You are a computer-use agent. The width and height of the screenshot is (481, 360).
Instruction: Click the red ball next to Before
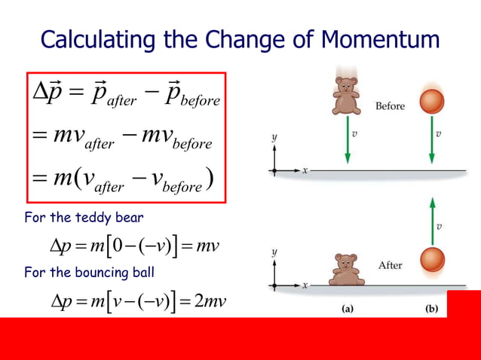[431, 102]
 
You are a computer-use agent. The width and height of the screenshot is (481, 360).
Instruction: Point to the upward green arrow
[431, 210]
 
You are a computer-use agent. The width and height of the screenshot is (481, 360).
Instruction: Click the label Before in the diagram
[390, 105]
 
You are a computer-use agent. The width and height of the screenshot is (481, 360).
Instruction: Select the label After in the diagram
[390, 265]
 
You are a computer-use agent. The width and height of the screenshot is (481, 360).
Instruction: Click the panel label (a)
[348, 307]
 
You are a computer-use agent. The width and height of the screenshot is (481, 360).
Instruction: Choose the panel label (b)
[431, 307]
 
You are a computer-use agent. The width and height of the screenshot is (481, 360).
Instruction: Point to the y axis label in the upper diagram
[274, 138]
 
